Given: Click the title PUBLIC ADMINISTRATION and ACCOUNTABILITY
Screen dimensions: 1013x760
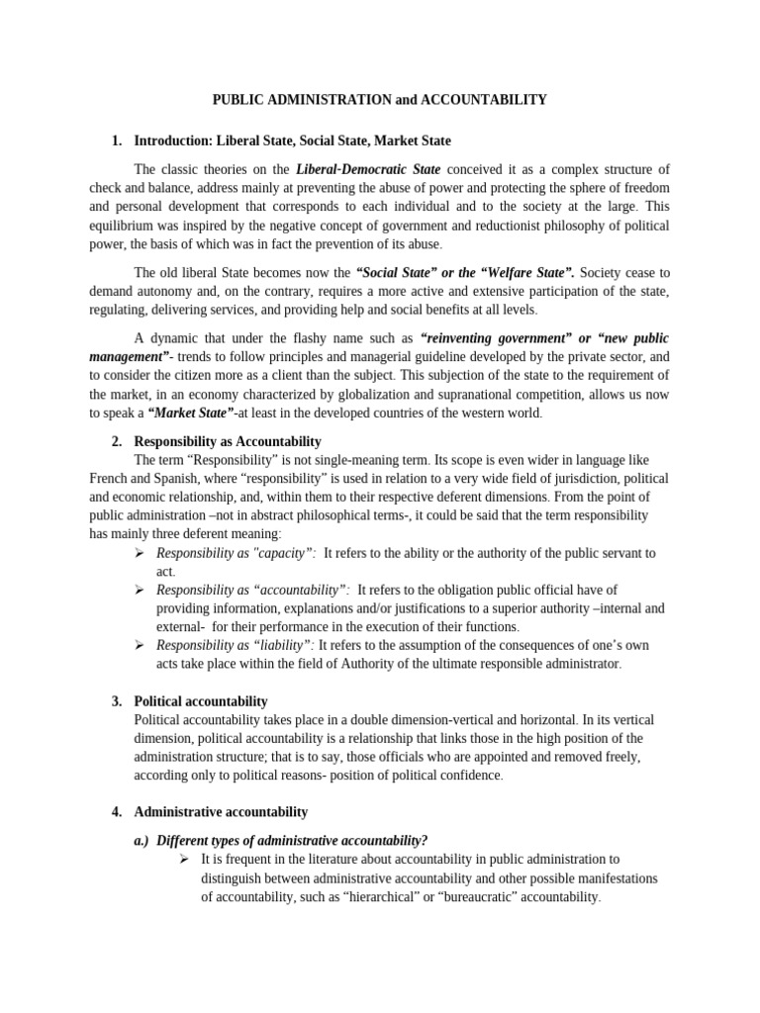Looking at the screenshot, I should pos(380,100).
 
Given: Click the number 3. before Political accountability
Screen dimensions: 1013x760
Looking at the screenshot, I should pos(117,701).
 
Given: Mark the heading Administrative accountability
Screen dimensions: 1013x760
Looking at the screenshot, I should pos(221,812).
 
